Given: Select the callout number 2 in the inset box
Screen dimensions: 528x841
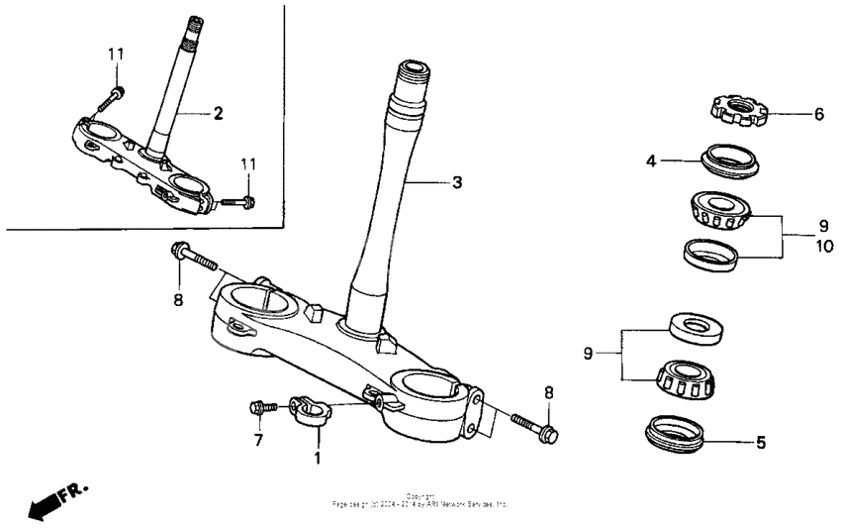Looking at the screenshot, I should click(x=218, y=113).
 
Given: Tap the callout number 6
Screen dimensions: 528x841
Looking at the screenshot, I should click(x=818, y=114).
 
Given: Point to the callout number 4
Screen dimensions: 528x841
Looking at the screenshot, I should click(x=652, y=158).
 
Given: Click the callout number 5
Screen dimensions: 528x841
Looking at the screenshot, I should click(x=760, y=442).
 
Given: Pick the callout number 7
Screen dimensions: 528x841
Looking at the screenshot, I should click(x=258, y=439).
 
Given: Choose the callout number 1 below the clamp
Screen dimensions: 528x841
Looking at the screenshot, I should click(x=318, y=459).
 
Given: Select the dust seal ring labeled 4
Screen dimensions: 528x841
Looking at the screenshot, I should click(x=726, y=158).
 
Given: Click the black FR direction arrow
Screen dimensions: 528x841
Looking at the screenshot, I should click(x=43, y=506).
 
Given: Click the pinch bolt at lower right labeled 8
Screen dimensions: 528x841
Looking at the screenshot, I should click(x=535, y=427).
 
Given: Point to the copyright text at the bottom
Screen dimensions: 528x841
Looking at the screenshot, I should click(x=420, y=500).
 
